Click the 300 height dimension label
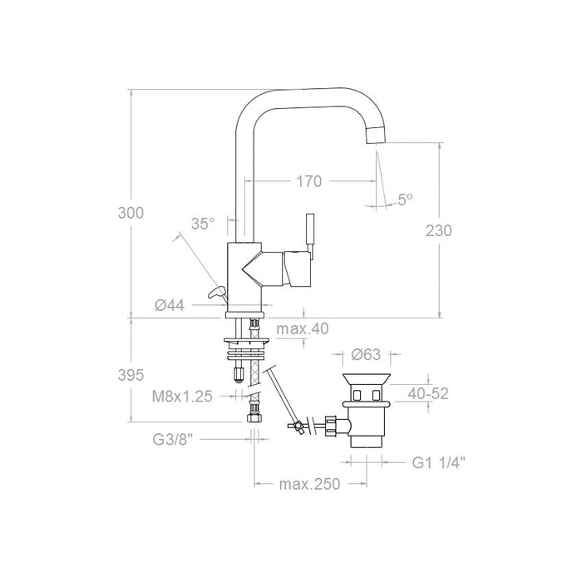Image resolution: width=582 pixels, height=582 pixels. click(131, 213)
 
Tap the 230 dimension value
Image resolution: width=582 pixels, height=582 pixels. click(439, 231)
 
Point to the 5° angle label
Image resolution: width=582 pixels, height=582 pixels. click(405, 200)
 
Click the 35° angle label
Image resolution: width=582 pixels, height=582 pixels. click(202, 224)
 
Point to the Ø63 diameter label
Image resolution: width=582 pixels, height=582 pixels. click(366, 354)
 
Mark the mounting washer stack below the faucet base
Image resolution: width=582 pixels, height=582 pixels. click(246, 343)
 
